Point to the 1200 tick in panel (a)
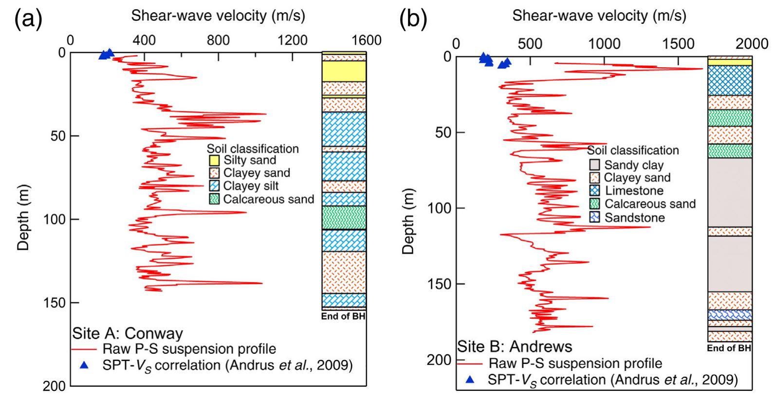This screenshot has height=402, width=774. click(x=293, y=40)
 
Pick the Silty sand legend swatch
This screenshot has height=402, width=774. click(x=214, y=160)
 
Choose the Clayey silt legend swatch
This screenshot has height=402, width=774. click(x=214, y=186)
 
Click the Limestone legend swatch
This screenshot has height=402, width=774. click(x=594, y=191)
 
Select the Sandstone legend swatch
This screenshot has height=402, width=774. click(x=594, y=218)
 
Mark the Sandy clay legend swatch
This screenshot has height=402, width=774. click(x=594, y=164)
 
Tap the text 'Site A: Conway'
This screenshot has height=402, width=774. click(x=128, y=333)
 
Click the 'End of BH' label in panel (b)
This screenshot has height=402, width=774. click(x=729, y=348)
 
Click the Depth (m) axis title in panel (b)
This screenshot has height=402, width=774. click(x=409, y=221)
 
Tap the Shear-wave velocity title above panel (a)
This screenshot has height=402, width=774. click(x=218, y=16)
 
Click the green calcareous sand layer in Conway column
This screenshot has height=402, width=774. click(x=344, y=218)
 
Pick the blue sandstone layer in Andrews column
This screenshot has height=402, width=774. click(x=729, y=315)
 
